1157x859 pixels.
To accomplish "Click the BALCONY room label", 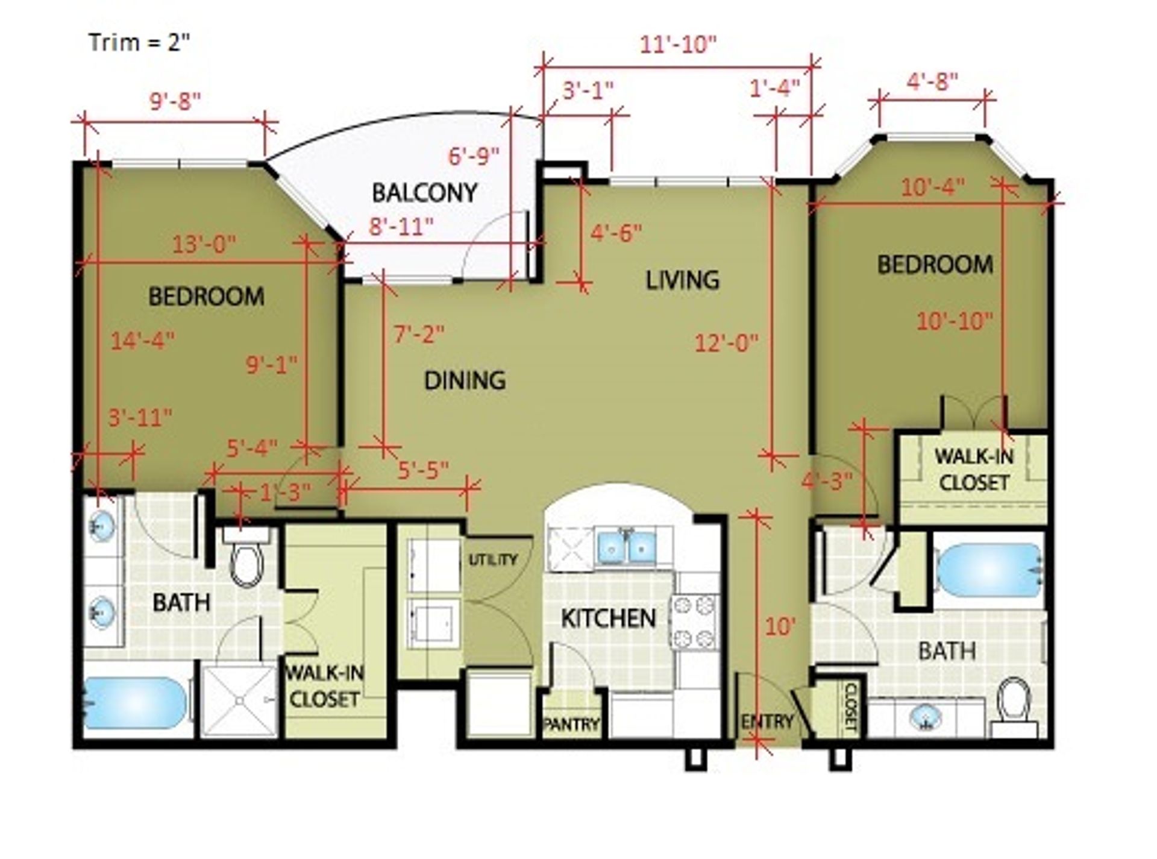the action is click(x=424, y=192).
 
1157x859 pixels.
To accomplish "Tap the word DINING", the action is click(x=465, y=380).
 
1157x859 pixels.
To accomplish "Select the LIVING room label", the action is click(x=682, y=280).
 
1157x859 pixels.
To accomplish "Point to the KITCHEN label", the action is click(x=608, y=618).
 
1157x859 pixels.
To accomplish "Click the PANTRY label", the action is click(x=571, y=724).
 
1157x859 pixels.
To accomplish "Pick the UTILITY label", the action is click(x=493, y=560).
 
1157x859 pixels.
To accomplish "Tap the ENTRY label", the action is click(x=767, y=722).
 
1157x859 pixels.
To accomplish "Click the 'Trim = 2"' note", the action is click(x=139, y=43).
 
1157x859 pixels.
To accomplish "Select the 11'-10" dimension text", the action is click(x=678, y=45).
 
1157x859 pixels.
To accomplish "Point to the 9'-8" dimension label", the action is click(x=175, y=101).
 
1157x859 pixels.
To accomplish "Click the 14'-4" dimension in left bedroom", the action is click(x=142, y=341).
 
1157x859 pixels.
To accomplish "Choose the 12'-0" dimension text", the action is click(x=726, y=344).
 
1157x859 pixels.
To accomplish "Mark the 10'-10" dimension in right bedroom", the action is click(x=954, y=321).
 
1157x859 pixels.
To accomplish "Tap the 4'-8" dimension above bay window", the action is click(x=932, y=81).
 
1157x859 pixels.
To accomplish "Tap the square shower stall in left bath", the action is click(x=239, y=700).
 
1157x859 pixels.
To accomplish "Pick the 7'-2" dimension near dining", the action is click(x=419, y=333).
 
